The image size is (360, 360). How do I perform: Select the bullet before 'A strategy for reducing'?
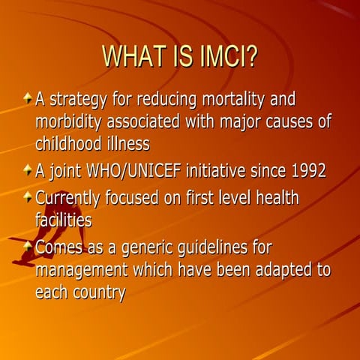tap(28, 98)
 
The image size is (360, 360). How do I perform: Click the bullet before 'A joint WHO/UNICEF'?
tap(28, 170)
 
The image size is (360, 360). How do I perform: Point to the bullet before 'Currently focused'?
tap(28, 198)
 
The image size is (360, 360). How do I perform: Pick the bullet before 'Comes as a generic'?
tap(28, 246)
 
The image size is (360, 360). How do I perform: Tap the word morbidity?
tap(72, 121)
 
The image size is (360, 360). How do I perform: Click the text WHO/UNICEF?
tap(131, 171)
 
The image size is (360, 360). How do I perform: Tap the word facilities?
tap(64, 220)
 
